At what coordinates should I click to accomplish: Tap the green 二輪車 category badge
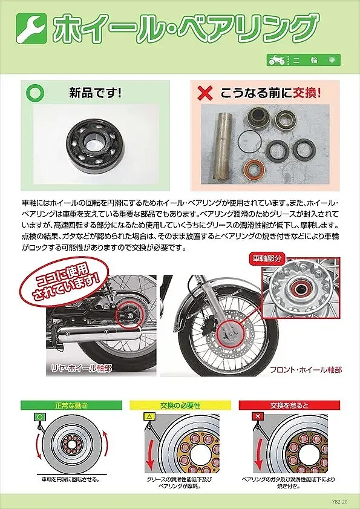[303, 61]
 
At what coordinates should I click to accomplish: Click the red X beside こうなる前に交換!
[206, 93]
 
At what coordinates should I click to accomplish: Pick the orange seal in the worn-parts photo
[252, 169]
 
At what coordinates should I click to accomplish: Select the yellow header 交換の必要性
[180, 404]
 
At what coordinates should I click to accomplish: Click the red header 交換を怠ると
[289, 404]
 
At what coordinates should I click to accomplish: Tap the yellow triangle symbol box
[147, 418]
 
